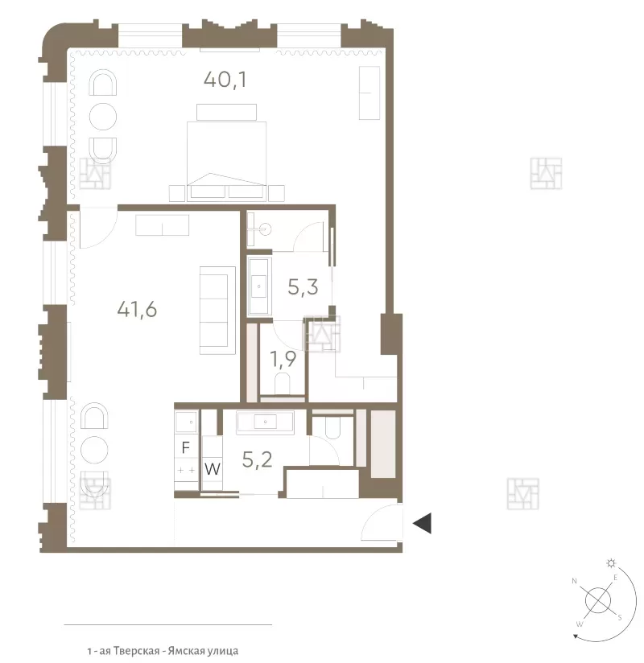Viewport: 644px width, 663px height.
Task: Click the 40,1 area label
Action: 225,80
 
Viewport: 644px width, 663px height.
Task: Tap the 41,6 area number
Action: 137,309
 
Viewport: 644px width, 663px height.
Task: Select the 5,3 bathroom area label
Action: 303,287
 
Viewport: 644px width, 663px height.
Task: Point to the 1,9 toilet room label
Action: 283,360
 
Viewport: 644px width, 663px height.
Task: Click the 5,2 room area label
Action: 257,459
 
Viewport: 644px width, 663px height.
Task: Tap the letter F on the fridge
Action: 185,447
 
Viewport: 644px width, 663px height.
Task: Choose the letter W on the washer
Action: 213,469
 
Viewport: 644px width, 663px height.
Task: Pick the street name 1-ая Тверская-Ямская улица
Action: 163,651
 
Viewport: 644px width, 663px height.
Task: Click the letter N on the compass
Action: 574,581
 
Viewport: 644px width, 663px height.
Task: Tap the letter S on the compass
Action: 620,618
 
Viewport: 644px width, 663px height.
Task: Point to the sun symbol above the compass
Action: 611,562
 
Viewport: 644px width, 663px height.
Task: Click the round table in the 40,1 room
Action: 103,117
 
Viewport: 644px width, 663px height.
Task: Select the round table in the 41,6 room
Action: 95,449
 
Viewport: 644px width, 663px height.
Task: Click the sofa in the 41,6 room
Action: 217,311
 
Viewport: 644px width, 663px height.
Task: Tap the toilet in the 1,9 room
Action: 283,383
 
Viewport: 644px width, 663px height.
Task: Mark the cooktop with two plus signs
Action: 186,470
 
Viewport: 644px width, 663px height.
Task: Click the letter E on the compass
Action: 616,578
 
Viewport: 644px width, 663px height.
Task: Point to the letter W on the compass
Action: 580,624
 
